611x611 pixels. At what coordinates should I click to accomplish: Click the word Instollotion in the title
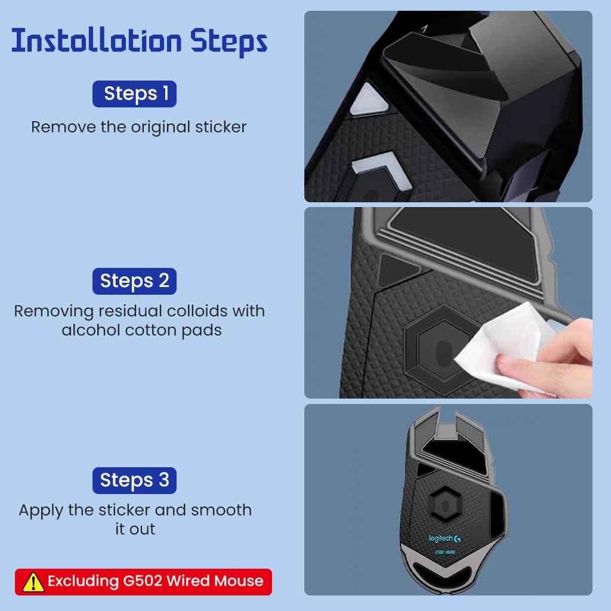tap(97, 40)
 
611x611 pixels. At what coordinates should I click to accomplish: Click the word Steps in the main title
tap(229, 42)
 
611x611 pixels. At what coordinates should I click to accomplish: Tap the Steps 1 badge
tap(134, 94)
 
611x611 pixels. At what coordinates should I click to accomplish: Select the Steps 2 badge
tap(134, 281)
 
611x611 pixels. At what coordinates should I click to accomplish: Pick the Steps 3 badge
tap(134, 480)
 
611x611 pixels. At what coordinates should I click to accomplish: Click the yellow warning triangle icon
tap(33, 582)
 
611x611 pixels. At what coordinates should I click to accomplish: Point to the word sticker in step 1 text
tap(221, 127)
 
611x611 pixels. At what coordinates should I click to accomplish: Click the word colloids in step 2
tap(197, 311)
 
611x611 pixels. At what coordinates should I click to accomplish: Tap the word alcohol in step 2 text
tap(91, 330)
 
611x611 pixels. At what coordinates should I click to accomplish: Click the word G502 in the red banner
tap(142, 581)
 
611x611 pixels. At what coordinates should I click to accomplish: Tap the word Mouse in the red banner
tap(239, 581)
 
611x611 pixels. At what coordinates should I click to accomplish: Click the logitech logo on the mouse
tap(445, 539)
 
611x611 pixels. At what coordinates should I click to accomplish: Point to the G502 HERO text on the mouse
tap(445, 552)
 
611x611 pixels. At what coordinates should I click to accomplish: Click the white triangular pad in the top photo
tap(369, 100)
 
